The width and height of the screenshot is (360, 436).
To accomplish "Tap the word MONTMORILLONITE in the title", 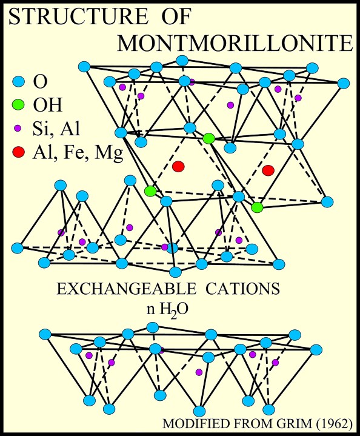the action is pos(235,43).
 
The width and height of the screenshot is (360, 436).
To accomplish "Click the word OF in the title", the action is pos(176,17).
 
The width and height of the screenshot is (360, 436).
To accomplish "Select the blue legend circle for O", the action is pos(18,82).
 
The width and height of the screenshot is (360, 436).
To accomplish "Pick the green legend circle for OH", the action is pos(18,105).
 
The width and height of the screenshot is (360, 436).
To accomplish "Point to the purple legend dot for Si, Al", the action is pos(18,128).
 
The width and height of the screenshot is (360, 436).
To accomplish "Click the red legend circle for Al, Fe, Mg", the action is pos(18,152).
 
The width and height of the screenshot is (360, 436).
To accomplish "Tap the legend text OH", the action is pos(47,105).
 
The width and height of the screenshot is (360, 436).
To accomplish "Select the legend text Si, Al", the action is pos(56,129).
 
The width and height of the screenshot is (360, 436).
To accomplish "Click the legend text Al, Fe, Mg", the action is pos(78,153).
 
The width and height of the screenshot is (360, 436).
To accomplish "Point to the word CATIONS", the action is pos(242,289).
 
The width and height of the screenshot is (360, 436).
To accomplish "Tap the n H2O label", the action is pos(168,310).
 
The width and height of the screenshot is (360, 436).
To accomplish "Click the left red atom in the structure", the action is pos(178,167).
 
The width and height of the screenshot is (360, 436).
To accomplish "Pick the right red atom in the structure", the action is pos(268,170).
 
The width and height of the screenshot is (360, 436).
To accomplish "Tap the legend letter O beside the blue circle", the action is pos(41,82).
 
